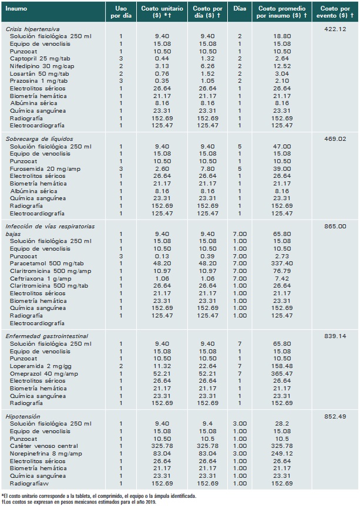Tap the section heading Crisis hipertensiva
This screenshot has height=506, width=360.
[x=33, y=29]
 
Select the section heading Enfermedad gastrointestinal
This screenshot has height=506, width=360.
[x=47, y=336]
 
